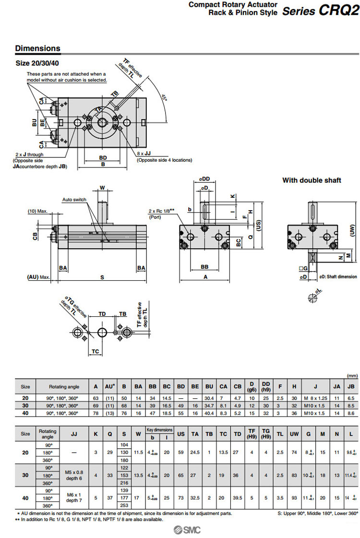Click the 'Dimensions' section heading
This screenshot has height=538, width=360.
coord(38,48)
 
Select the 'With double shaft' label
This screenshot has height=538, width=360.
coord(312,180)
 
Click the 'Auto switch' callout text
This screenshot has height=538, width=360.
coord(74,199)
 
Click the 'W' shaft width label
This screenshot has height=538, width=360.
coord(102,187)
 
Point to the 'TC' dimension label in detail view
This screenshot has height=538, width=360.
coord(96,351)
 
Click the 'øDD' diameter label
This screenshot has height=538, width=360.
coord(205,179)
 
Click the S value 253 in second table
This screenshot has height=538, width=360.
coord(124,505)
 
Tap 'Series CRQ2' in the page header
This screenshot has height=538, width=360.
coord(320,11)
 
